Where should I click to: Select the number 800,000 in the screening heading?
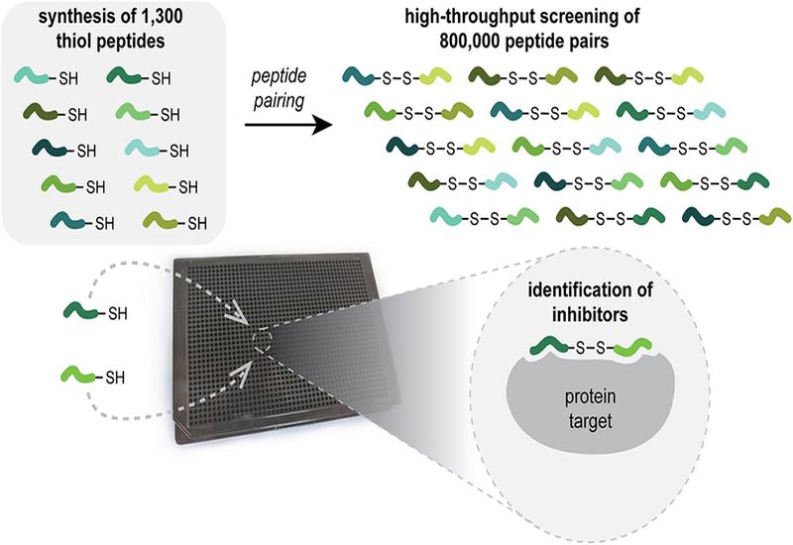469,41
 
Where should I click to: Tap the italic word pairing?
279,101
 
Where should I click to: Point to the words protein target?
590,408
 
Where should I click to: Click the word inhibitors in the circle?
590,314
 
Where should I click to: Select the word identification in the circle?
590,289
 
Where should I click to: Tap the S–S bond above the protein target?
590,348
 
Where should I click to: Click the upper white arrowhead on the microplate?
235,315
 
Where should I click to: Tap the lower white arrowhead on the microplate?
241,374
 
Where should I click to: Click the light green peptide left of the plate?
78,375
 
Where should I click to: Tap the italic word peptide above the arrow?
280,76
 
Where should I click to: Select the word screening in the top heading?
572,17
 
